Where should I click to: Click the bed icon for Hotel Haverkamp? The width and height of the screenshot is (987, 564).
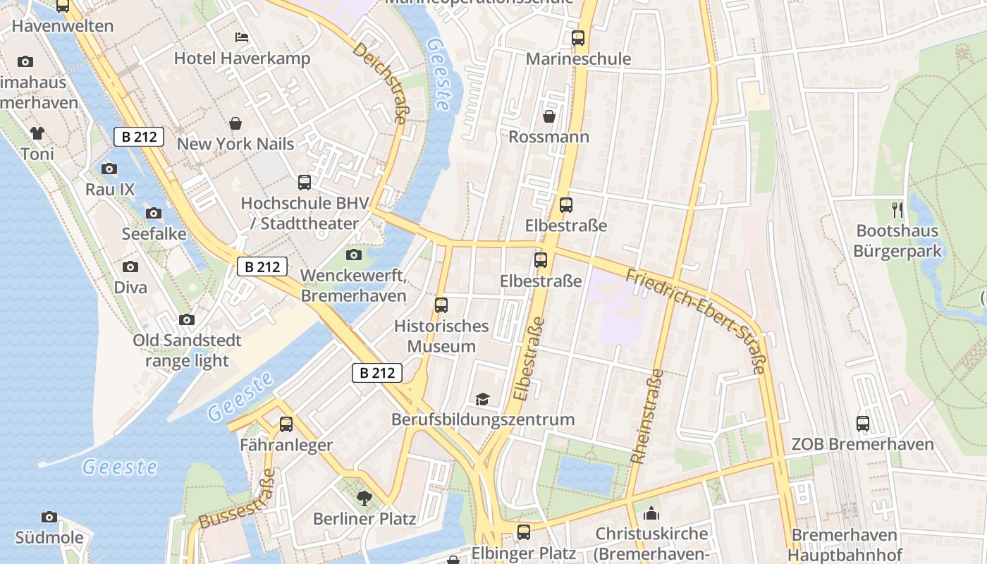241,37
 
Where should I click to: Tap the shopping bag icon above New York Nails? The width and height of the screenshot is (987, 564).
235,123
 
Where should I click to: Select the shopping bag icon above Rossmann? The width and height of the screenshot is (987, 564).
548,116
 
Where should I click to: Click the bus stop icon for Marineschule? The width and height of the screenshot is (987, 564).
578,38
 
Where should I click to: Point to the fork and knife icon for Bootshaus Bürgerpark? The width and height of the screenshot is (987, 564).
897,209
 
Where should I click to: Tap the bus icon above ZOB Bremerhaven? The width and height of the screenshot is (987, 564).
863,424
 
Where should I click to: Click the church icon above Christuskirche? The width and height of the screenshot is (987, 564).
651,513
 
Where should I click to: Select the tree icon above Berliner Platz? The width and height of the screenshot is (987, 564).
364,498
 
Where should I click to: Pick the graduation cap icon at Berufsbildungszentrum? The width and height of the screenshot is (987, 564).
483,399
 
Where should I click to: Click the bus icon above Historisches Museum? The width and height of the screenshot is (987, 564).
441,305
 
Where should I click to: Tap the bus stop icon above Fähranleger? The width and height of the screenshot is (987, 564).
286,424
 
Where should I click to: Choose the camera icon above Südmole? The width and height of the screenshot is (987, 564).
49,517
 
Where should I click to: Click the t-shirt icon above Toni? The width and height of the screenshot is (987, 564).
37,133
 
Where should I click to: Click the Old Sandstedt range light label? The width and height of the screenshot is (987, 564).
187,350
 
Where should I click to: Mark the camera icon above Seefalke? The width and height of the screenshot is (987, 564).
154,213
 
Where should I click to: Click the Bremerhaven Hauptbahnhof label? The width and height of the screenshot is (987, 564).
844,545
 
